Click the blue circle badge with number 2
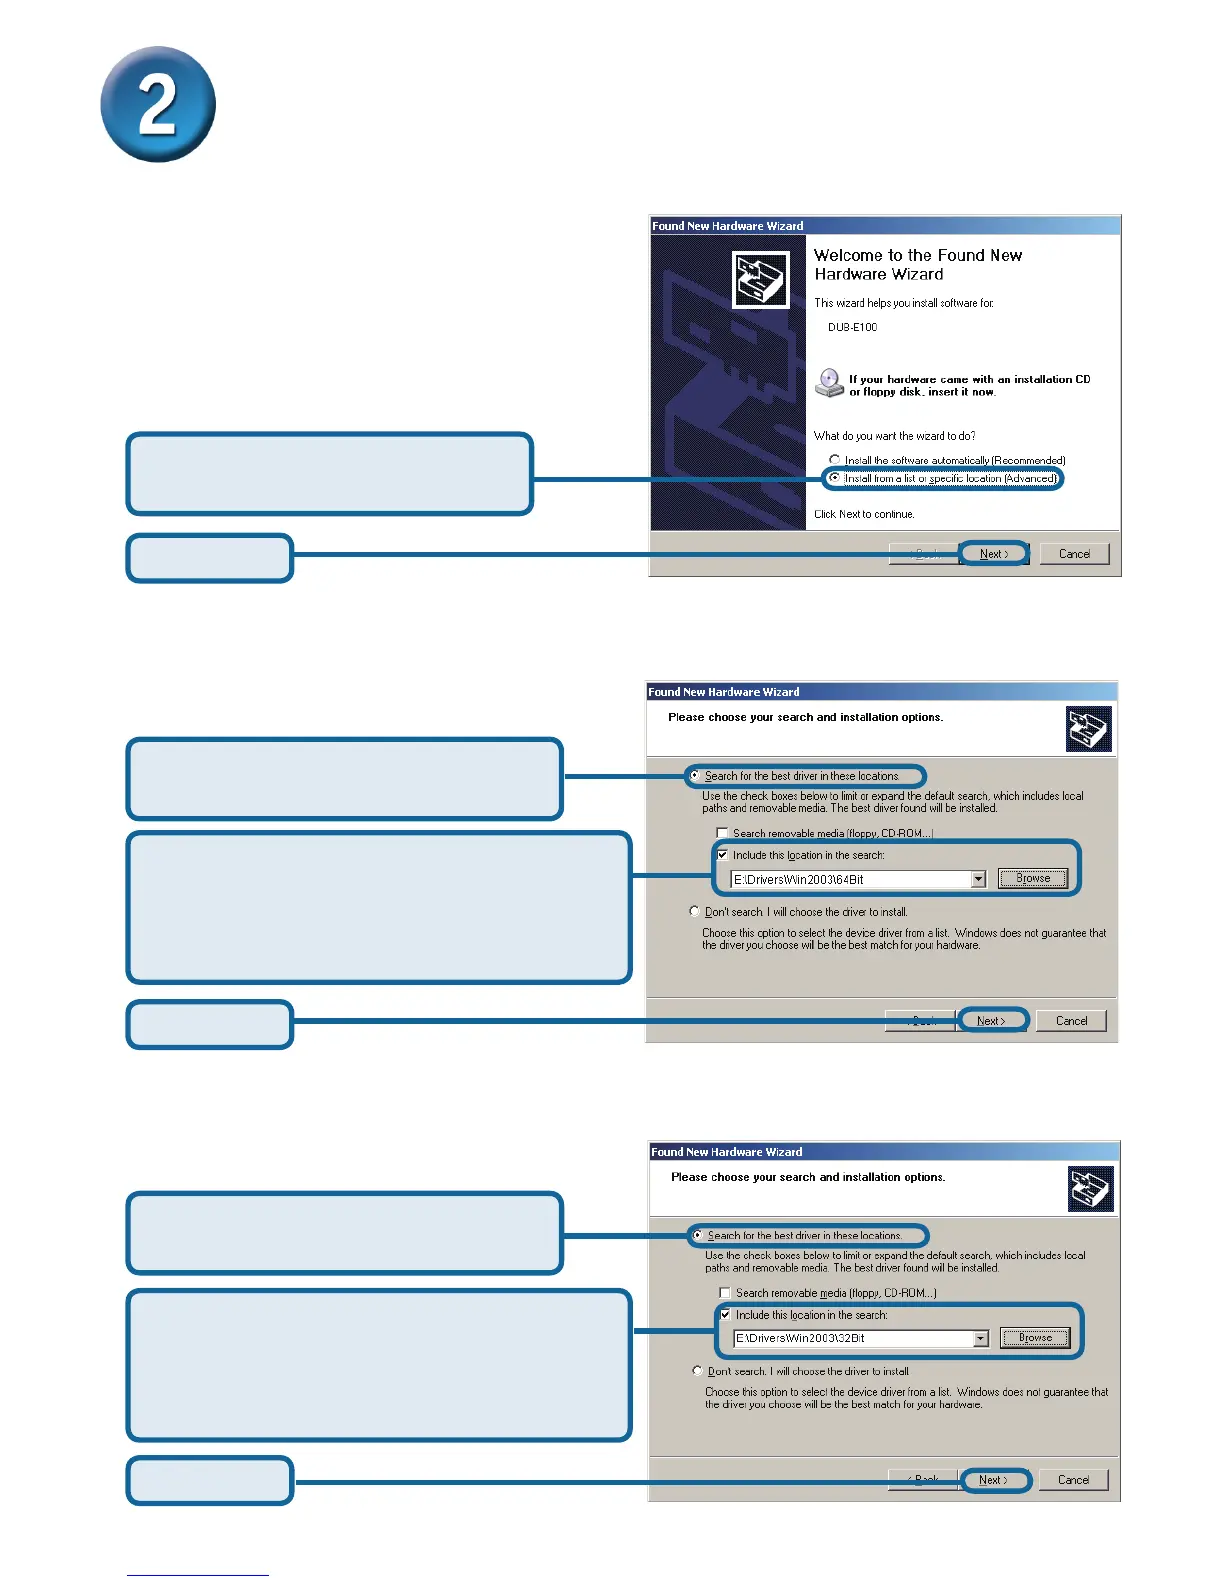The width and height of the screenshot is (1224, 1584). [x=158, y=104]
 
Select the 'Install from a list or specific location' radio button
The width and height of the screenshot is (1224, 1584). [x=834, y=478]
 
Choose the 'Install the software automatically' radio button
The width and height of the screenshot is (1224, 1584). [x=834, y=460]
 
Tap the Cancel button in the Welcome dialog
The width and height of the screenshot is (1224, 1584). [x=1074, y=554]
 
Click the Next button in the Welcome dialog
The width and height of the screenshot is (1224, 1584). [x=993, y=554]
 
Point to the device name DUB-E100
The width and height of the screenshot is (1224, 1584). [x=852, y=327]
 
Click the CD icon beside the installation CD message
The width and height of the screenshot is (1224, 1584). [x=829, y=382]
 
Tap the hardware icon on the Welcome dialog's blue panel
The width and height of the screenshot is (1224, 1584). [x=761, y=279]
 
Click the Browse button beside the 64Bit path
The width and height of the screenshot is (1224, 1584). [x=1033, y=879]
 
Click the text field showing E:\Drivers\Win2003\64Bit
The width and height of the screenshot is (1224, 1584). [x=850, y=880]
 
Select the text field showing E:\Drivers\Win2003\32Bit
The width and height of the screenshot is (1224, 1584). [x=852, y=1338]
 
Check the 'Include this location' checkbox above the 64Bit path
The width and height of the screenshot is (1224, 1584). [x=722, y=855]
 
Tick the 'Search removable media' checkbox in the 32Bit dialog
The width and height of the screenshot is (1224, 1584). [x=725, y=1293]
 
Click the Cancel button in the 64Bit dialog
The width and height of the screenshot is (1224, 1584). [x=1071, y=1021]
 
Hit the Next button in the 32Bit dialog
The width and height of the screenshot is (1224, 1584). [x=993, y=1480]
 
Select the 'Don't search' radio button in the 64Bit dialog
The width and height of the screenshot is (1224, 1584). [x=695, y=911]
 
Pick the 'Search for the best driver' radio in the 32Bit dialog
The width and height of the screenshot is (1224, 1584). [x=697, y=1235]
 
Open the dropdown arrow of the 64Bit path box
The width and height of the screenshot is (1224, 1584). [x=978, y=880]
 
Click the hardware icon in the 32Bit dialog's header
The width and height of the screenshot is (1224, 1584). [x=1090, y=1188]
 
